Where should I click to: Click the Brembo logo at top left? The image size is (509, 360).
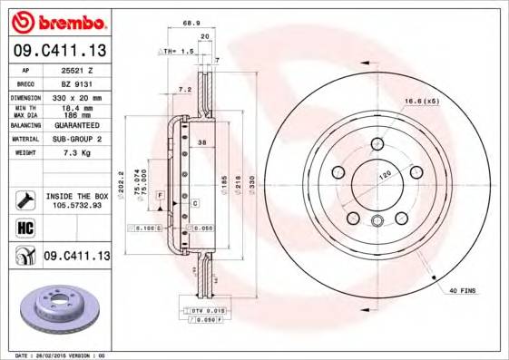tap(55, 21)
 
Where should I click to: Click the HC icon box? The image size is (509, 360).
tap(24, 227)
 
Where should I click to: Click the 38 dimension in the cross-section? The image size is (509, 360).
tap(201, 142)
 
